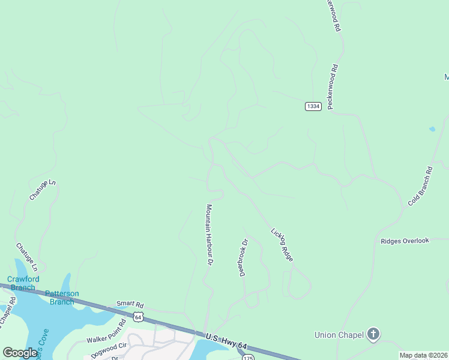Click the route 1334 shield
click(x=313, y=106)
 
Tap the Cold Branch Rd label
click(x=420, y=187)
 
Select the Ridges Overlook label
click(x=405, y=241)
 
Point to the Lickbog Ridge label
click(x=282, y=244)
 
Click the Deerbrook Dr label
click(x=244, y=258)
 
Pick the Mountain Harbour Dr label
click(x=209, y=235)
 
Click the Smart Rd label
click(x=131, y=304)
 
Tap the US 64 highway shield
click(x=139, y=316)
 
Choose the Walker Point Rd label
click(x=106, y=331)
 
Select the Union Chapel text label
click(x=339, y=334)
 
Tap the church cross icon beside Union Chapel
click(x=373, y=334)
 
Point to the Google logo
click(x=19, y=353)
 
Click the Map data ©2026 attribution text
click(x=423, y=355)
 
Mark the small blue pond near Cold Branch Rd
click(x=432, y=129)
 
